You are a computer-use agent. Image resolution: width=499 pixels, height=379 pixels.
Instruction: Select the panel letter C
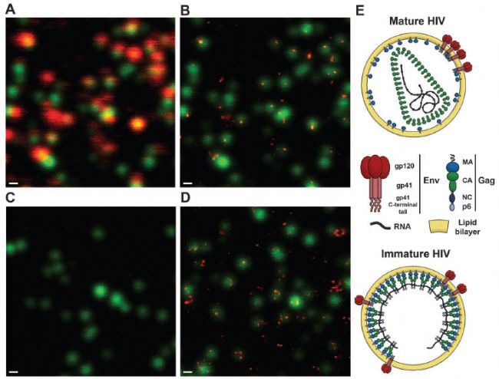[x=11, y=199]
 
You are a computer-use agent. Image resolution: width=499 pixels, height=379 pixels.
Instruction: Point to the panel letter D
[x=185, y=199]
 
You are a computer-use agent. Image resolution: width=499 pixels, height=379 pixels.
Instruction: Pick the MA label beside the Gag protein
[x=465, y=163]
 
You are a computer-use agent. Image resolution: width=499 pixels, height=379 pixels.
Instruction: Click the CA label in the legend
[x=465, y=181]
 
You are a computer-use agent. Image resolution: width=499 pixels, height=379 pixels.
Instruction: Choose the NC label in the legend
[x=465, y=197]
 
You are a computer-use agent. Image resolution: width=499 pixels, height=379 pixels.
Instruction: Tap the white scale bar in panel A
[x=13, y=183]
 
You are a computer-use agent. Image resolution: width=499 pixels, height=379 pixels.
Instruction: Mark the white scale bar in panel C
[x=13, y=371]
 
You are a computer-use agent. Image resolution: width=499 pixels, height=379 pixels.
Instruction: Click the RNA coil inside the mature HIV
[x=417, y=92]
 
